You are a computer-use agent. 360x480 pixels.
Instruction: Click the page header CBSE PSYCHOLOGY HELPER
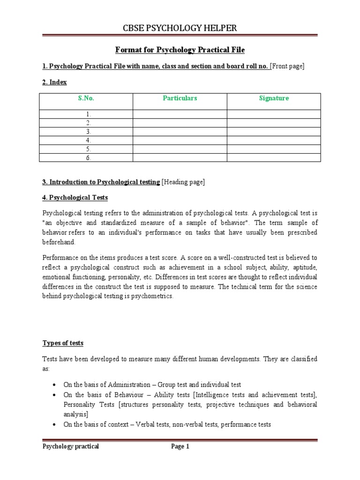[x=180, y=28]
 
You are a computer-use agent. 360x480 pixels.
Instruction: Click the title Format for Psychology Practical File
[x=180, y=50]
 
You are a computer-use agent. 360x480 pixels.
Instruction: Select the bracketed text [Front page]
[x=287, y=67]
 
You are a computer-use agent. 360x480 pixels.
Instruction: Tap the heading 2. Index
[x=55, y=82]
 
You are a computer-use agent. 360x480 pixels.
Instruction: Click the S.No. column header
[x=86, y=98]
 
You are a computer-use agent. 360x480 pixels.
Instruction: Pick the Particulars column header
[x=180, y=98]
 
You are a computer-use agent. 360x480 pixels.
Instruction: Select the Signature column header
[x=274, y=98]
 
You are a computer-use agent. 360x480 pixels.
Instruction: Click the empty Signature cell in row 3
[x=274, y=132]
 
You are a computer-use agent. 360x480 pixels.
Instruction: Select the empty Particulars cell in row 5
[x=180, y=149]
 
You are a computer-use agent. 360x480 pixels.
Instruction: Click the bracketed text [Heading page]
[x=183, y=182]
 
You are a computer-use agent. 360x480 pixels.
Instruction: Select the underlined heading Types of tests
[x=63, y=343]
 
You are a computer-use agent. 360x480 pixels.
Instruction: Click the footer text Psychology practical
[x=71, y=447]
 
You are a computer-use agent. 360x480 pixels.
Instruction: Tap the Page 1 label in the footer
[x=180, y=447]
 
